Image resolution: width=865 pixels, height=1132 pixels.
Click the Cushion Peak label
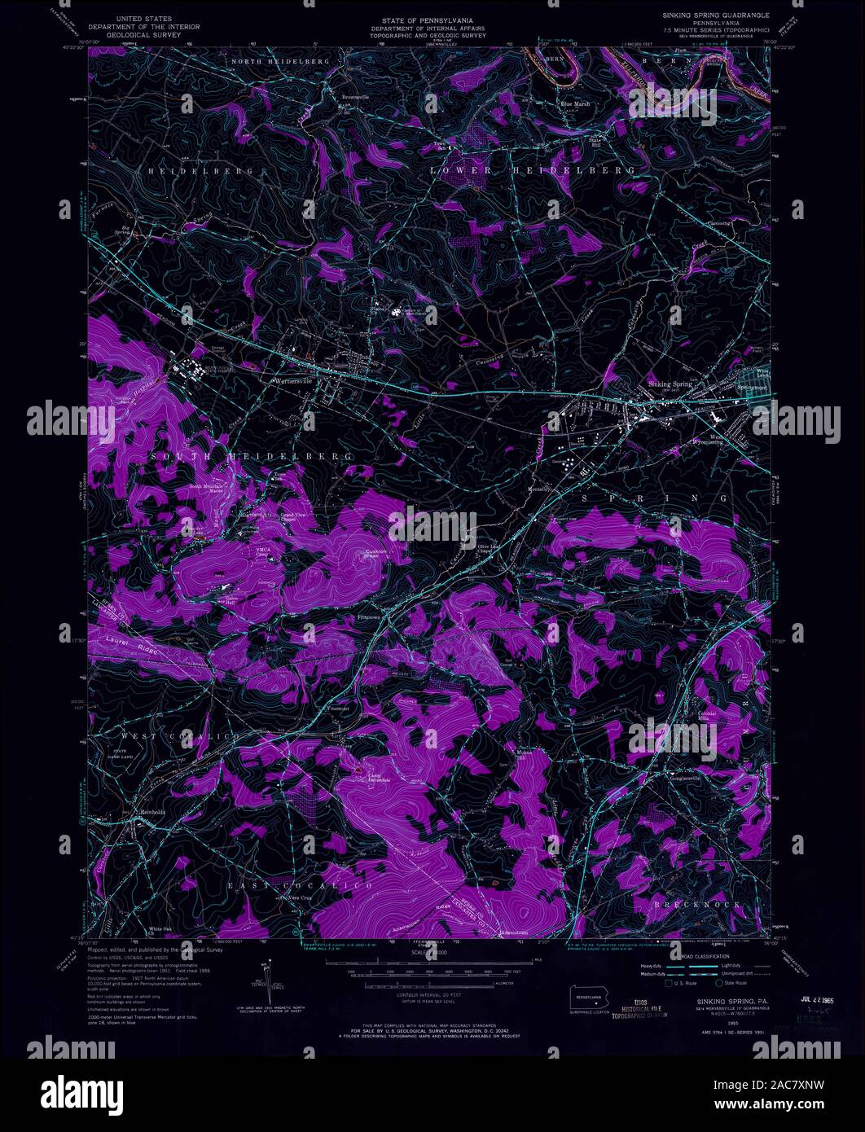(375, 555)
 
